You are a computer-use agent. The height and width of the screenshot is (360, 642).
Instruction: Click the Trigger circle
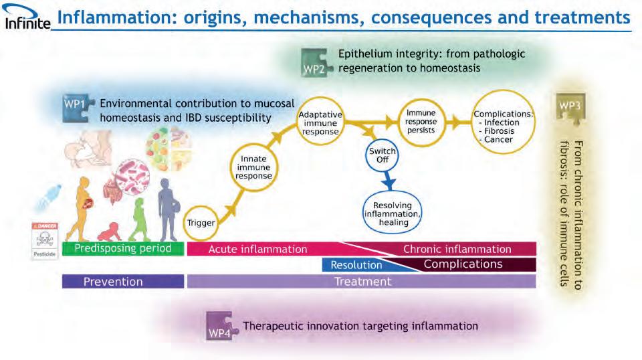(201, 222)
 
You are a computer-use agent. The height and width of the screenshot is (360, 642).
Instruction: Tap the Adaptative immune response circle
(320, 123)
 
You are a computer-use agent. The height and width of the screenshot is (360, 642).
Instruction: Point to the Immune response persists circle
(421, 122)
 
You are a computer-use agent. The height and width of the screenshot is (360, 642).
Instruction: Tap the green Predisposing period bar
(122, 249)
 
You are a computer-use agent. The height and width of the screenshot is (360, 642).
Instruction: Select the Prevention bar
(122, 282)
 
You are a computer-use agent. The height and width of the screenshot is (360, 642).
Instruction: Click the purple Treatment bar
(362, 282)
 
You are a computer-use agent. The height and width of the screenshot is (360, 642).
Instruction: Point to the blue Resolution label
(356, 265)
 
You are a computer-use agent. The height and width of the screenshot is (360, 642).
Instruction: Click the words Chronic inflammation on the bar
(457, 249)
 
